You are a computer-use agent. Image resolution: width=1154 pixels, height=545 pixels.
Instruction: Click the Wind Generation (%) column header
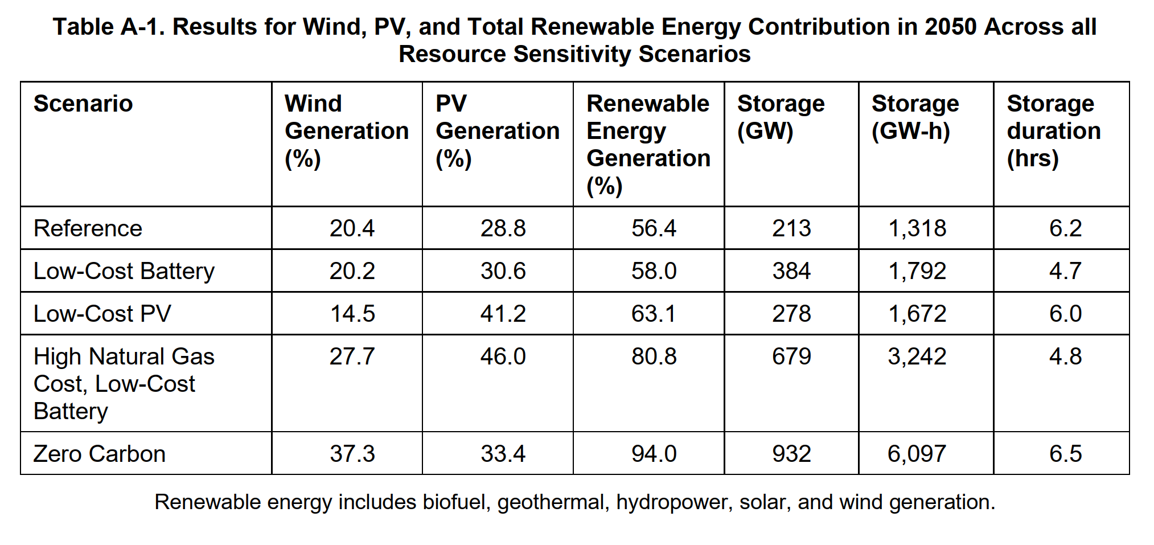346,131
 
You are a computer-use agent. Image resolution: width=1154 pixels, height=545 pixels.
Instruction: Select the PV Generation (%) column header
497,131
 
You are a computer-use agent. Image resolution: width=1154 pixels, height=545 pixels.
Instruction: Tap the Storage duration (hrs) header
1053,131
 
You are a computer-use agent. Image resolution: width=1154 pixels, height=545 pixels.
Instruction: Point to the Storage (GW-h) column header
915,117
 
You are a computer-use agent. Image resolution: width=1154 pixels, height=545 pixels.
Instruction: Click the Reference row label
88,228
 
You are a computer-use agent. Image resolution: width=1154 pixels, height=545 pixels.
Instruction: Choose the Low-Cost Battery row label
124,271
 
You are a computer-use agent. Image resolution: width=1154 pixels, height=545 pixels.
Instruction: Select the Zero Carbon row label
100,454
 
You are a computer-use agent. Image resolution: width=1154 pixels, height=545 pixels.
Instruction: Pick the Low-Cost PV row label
102,314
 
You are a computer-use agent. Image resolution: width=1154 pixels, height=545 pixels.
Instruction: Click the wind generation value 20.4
352,228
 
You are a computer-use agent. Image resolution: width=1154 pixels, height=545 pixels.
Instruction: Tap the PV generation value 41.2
503,314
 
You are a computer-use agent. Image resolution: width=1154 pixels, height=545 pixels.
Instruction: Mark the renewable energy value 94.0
654,454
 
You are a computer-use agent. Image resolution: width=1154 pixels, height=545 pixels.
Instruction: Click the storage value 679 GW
791,356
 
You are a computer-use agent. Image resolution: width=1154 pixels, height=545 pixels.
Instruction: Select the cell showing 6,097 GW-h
917,454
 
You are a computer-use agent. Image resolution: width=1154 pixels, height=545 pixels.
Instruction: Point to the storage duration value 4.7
1065,271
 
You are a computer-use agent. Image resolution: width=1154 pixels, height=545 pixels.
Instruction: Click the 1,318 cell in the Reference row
917,228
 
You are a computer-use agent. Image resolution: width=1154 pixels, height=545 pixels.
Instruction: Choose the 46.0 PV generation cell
503,356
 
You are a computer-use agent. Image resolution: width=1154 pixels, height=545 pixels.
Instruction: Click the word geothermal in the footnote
551,502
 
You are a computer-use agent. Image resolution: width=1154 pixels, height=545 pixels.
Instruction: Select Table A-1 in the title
108,27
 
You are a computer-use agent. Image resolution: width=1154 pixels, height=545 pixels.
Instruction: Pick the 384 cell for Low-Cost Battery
791,271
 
